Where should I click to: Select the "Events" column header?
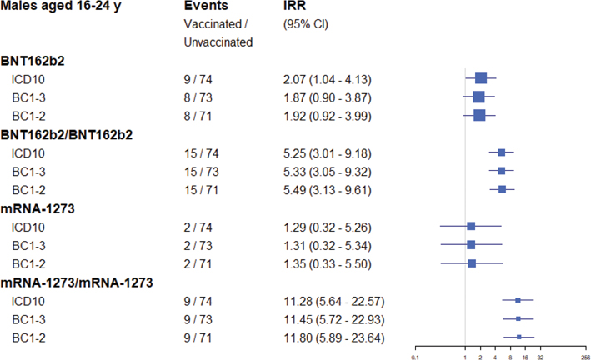coord(206,7)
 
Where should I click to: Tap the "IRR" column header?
coord(295,7)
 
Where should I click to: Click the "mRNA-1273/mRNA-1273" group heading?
coord(77,282)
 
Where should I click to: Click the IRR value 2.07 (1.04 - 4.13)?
coord(327,79)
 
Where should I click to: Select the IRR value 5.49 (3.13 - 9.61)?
coord(327,190)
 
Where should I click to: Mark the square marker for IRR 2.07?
coord(481,78)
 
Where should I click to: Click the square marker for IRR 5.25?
coord(501,152)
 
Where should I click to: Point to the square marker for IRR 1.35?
coord(472,263)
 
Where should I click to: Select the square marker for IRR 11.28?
coord(518,300)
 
